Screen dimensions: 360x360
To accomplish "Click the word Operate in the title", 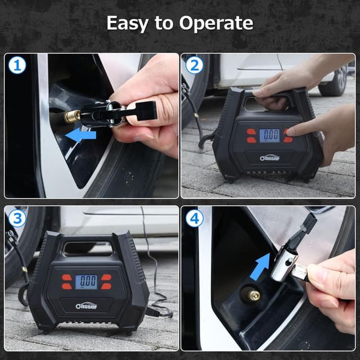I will point(216,24).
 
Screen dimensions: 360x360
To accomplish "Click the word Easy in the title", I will point(127,24).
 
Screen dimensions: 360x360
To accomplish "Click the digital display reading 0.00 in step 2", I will point(271,135).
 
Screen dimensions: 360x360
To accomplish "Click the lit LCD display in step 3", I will point(86,281).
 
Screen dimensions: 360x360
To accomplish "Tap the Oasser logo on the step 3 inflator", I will point(85,306).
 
